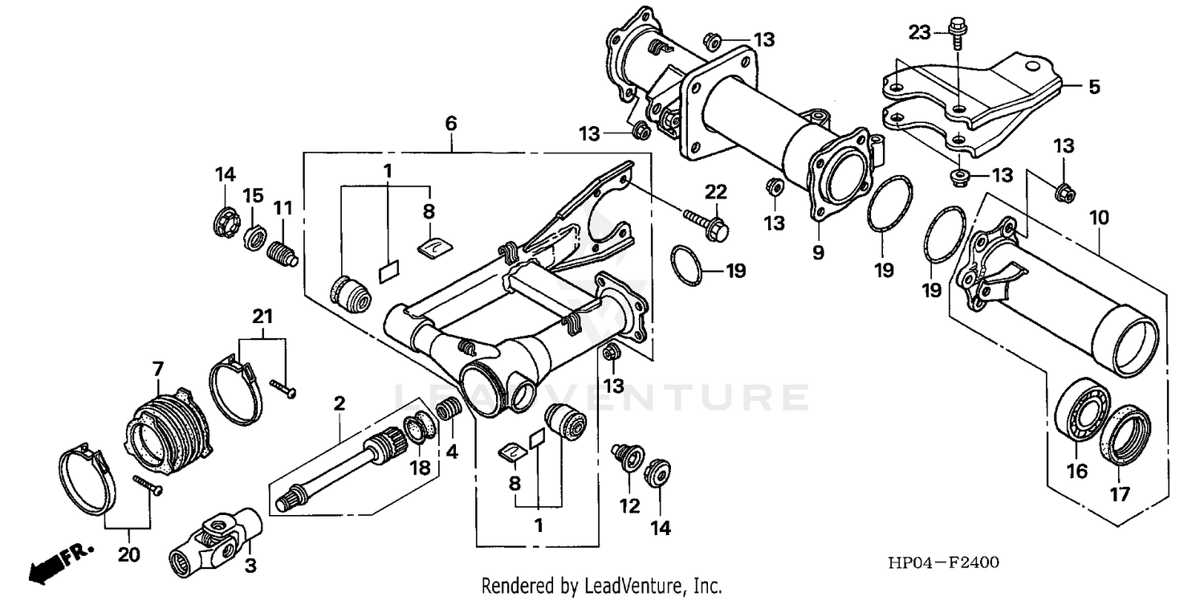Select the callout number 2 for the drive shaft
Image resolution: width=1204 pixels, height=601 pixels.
pyautogui.click(x=340, y=403)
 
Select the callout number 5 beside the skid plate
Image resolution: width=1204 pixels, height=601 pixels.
pyautogui.click(x=1093, y=86)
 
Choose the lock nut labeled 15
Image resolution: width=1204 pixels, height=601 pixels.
pyautogui.click(x=255, y=238)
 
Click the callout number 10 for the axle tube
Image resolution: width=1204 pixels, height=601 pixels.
pyautogui.click(x=1099, y=195)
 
